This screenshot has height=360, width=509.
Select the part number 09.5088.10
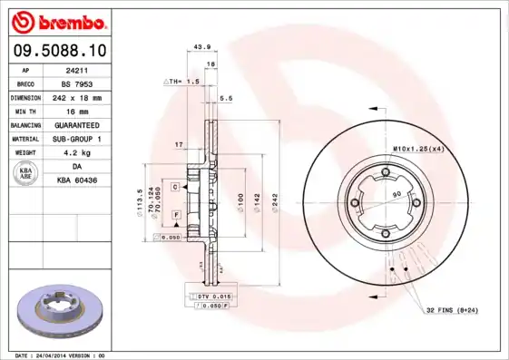(x=55, y=53)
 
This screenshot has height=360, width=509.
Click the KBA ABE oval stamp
(x=26, y=174)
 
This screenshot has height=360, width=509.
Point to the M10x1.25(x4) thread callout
(x=418, y=148)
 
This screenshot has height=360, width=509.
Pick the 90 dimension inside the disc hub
(x=396, y=195)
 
